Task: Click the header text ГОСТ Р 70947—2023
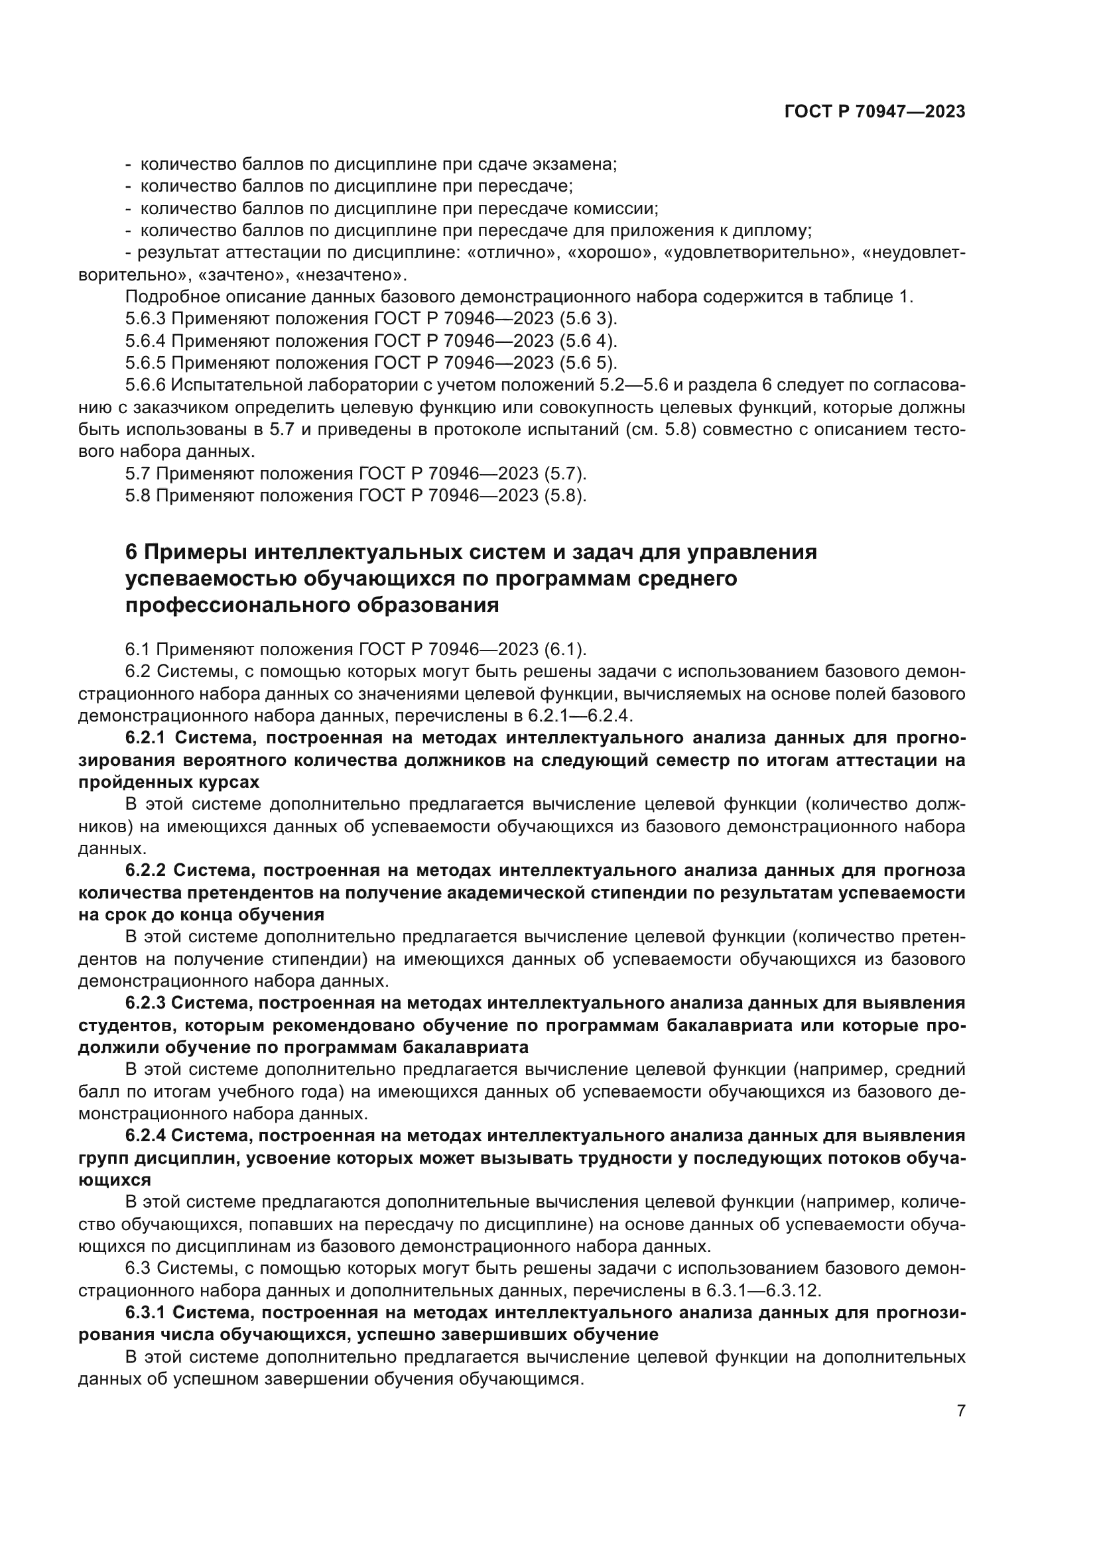[x=874, y=112]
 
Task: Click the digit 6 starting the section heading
[x=131, y=552]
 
